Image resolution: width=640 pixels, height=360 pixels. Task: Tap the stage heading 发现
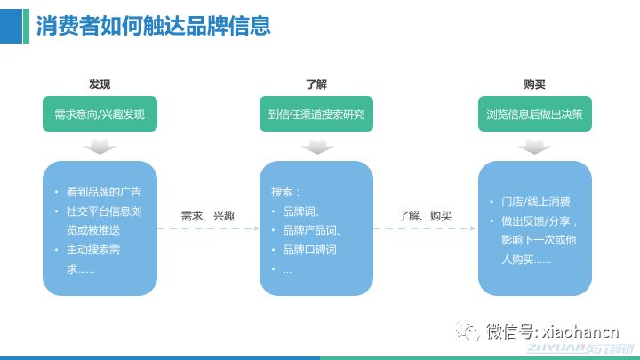(100, 84)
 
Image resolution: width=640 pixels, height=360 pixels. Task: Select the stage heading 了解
(316, 84)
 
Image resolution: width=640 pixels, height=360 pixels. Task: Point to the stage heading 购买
(534, 84)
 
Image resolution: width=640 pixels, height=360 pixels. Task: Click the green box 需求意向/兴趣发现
(100, 115)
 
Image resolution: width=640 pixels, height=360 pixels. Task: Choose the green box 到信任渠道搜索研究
(316, 115)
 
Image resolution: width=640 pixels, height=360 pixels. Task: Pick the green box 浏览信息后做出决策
(534, 115)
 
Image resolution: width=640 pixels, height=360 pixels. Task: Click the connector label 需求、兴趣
(208, 215)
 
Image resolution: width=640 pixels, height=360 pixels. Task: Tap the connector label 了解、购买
(425, 215)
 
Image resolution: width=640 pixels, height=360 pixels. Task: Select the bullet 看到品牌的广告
(103, 192)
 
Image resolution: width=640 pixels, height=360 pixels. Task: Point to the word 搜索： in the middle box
(286, 192)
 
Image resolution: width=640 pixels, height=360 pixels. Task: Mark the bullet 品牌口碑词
(308, 250)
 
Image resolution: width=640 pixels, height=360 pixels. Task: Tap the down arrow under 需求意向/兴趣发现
(100, 147)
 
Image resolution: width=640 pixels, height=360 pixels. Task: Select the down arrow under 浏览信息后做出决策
(534, 147)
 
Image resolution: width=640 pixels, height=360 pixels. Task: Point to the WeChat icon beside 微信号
(468, 332)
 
